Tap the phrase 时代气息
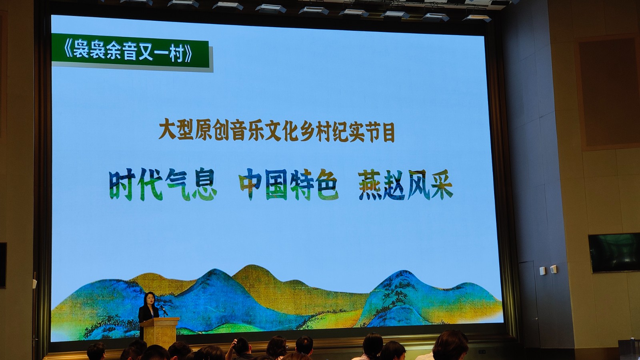(163, 184)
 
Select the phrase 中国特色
(289, 184)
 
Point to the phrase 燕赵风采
(406, 184)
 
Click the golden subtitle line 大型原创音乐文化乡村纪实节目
(276, 132)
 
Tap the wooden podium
(160, 332)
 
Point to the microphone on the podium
(164, 310)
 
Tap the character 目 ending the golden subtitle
(388, 132)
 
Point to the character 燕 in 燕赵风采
(370, 185)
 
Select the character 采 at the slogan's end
(442, 185)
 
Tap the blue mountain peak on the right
(402, 274)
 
